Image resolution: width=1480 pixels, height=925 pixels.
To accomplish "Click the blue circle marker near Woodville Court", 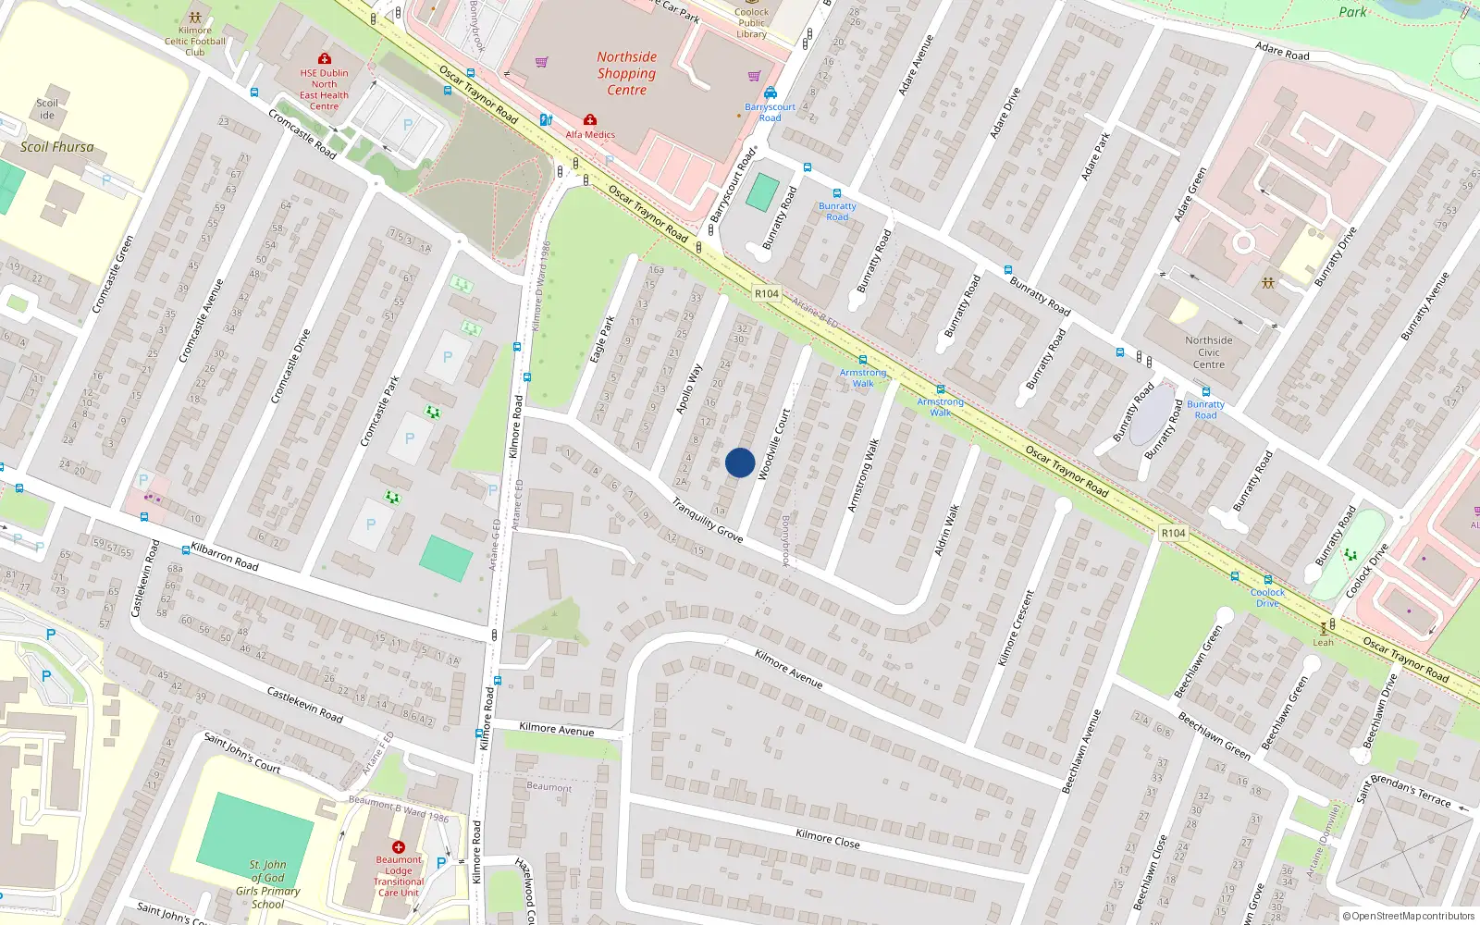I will pyautogui.click(x=740, y=462).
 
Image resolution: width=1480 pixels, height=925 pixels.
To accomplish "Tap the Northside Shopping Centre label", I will pyautogui.click(x=626, y=73).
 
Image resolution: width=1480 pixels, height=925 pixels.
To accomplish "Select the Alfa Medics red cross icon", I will pyautogui.click(x=589, y=120).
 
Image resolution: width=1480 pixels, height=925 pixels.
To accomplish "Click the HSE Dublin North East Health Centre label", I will pyautogui.click(x=324, y=90).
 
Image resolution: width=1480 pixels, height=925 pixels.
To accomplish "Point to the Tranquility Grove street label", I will pyautogui.click(x=707, y=521).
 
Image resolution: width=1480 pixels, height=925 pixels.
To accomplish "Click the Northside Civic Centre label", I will pyautogui.click(x=1208, y=352).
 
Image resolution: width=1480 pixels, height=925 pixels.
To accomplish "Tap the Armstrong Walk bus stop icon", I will pyautogui.click(x=863, y=360).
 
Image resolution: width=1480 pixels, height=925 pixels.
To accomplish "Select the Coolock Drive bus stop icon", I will pyautogui.click(x=1267, y=580).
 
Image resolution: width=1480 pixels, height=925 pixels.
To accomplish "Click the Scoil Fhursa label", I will pyautogui.click(x=57, y=147).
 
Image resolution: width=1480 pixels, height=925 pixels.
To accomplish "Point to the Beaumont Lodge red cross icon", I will pyautogui.click(x=399, y=847).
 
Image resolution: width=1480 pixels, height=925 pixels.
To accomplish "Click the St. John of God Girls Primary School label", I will pyautogui.click(x=267, y=884).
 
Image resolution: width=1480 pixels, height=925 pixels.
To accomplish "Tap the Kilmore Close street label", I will pyautogui.click(x=827, y=839).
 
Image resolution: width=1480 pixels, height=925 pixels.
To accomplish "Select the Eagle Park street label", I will pyautogui.click(x=602, y=339).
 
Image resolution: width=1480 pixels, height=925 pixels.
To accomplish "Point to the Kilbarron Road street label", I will pyautogui.click(x=224, y=556).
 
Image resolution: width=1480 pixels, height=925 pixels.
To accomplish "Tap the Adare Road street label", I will pyautogui.click(x=1282, y=51).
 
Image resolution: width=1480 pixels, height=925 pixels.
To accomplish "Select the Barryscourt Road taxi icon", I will pyautogui.click(x=770, y=93).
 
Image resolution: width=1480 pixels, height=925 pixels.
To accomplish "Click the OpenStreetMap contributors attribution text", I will pyautogui.click(x=1408, y=916).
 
